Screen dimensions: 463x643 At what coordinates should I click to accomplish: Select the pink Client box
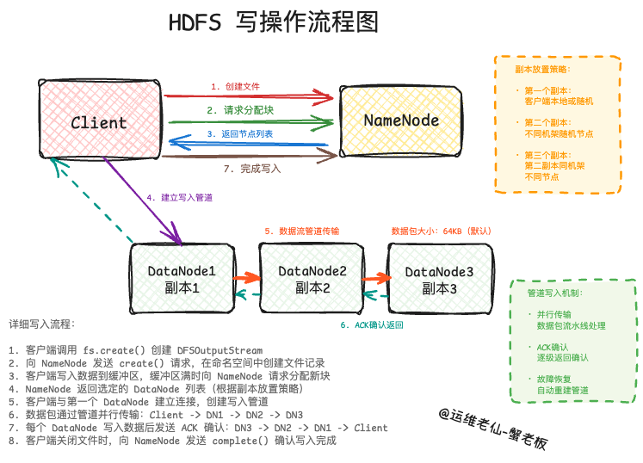(100, 120)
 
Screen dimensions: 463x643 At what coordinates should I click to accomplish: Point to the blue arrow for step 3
(250, 143)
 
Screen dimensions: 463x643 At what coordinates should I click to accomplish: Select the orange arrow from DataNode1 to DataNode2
(245, 278)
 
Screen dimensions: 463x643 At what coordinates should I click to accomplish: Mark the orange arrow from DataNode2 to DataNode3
(375, 278)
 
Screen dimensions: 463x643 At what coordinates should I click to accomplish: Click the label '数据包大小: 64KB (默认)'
(440, 231)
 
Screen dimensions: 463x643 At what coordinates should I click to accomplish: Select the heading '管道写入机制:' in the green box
(554, 293)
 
